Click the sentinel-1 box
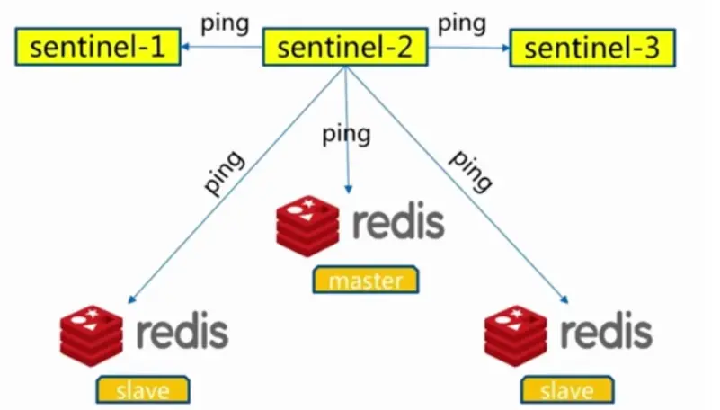click(x=98, y=47)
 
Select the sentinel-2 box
click(x=345, y=47)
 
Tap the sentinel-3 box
click(x=592, y=48)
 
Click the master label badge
click(x=366, y=280)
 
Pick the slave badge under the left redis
click(x=143, y=390)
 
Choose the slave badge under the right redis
click(x=567, y=390)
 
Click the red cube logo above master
click(x=308, y=226)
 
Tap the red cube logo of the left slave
click(x=92, y=335)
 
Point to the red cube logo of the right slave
click(x=516, y=335)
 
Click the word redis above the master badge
click(x=398, y=222)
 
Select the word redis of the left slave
click(x=182, y=331)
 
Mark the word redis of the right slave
click(x=607, y=330)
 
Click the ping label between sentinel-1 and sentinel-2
click(x=225, y=24)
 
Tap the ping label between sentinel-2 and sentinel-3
click(x=462, y=24)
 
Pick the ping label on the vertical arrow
click(x=346, y=135)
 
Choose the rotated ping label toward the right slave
click(x=470, y=171)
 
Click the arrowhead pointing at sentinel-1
click(x=185, y=47)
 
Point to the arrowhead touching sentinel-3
click(x=505, y=48)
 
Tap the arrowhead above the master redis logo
click(x=348, y=189)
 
